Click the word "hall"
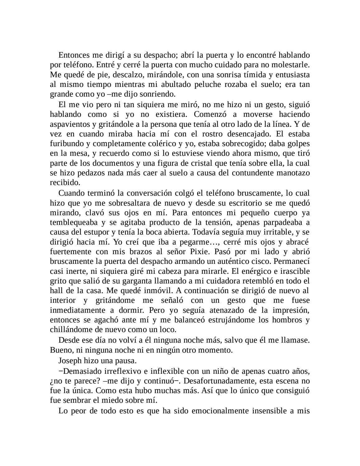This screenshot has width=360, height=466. (x=56, y=291)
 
